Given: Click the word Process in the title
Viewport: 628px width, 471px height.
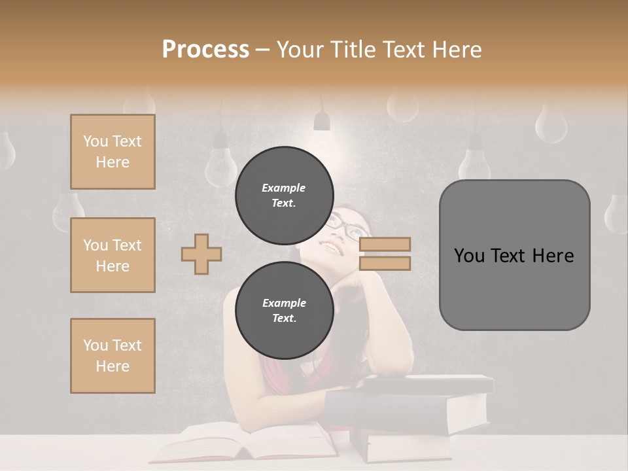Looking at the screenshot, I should (x=205, y=50).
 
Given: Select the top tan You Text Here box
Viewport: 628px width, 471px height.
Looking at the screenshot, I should (x=113, y=152).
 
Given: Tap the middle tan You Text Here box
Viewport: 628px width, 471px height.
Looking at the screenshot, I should (x=113, y=255).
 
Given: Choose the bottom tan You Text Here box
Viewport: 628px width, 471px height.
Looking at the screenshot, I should (x=113, y=356).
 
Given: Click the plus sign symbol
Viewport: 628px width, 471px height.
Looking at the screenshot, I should (x=201, y=254).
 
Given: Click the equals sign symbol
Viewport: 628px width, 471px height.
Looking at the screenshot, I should (x=385, y=254).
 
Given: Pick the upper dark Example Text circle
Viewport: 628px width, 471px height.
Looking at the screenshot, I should (x=284, y=195).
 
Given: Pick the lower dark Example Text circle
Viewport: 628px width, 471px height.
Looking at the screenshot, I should (x=284, y=310).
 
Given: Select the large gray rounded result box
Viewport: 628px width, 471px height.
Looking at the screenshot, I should (x=514, y=255).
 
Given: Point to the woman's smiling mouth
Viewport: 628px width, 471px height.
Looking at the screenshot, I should (x=334, y=249).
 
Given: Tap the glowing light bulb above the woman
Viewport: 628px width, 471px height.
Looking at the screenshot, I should (x=322, y=121).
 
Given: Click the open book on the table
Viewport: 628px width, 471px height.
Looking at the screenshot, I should (x=249, y=442).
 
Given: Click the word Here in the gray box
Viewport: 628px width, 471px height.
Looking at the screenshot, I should (x=553, y=256).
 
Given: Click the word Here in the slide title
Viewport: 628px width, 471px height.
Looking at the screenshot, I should (x=459, y=50).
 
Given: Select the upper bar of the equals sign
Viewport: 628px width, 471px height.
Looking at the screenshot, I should (x=385, y=245).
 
